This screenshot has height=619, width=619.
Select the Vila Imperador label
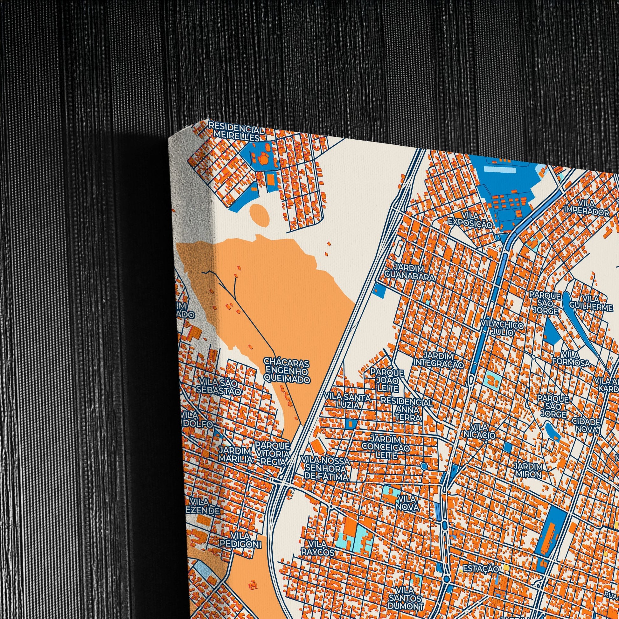587,208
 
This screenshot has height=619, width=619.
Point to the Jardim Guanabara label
410,272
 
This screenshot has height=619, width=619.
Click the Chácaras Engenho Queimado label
287,371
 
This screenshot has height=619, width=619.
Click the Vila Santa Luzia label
347,401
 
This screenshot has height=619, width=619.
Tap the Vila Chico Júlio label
502,329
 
